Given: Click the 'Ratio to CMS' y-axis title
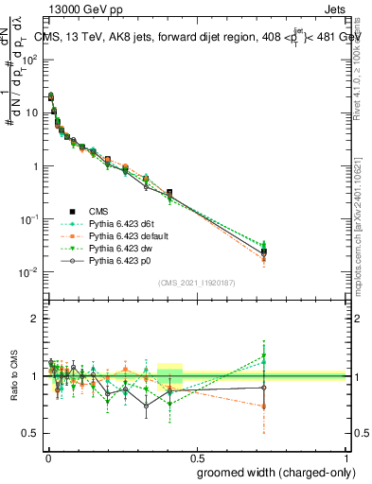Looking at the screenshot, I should pyautogui.click(x=12, y=376).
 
